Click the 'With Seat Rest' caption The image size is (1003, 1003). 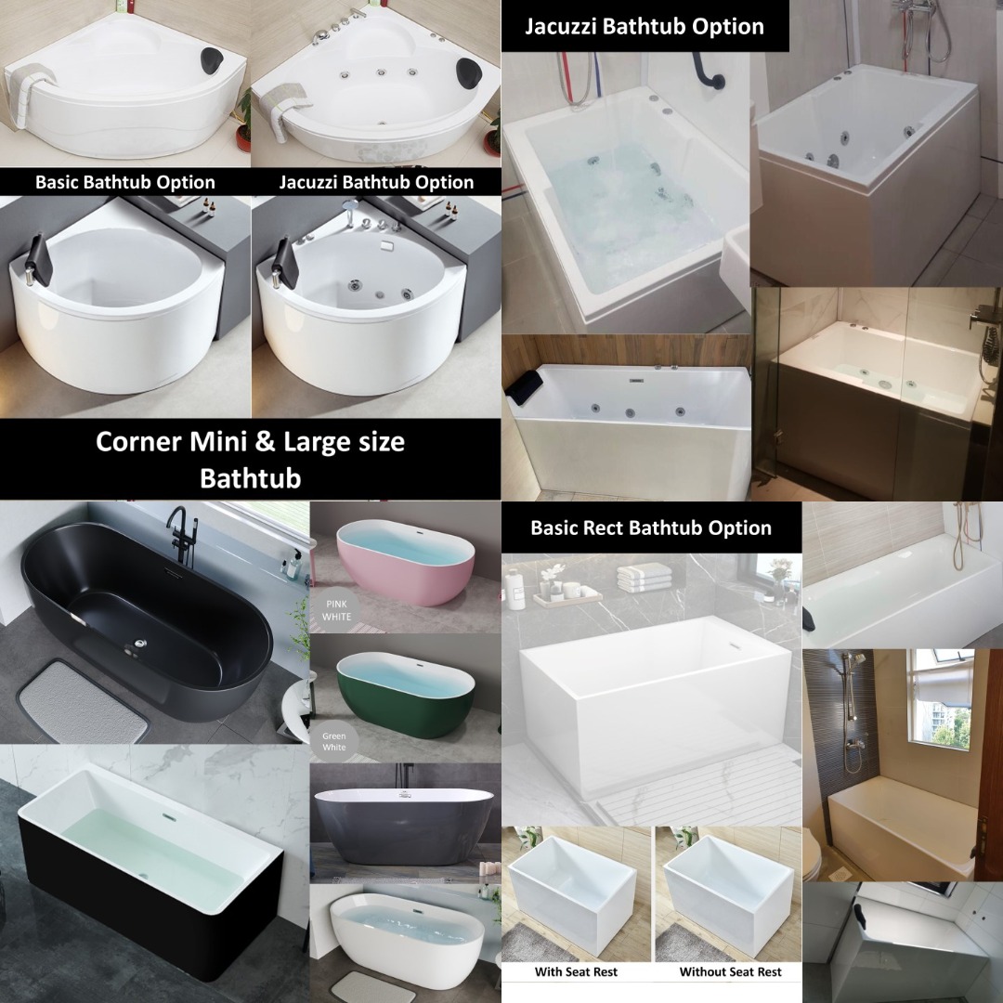click(576, 972)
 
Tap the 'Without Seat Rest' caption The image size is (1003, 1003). click(730, 972)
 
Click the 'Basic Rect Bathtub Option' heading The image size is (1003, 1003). click(650, 528)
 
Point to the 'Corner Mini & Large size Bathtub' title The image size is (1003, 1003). click(250, 459)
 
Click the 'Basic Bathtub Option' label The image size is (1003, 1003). click(124, 182)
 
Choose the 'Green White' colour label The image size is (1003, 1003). click(333, 741)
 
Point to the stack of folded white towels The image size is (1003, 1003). click(644, 577)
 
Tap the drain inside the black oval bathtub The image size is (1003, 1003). click(142, 641)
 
